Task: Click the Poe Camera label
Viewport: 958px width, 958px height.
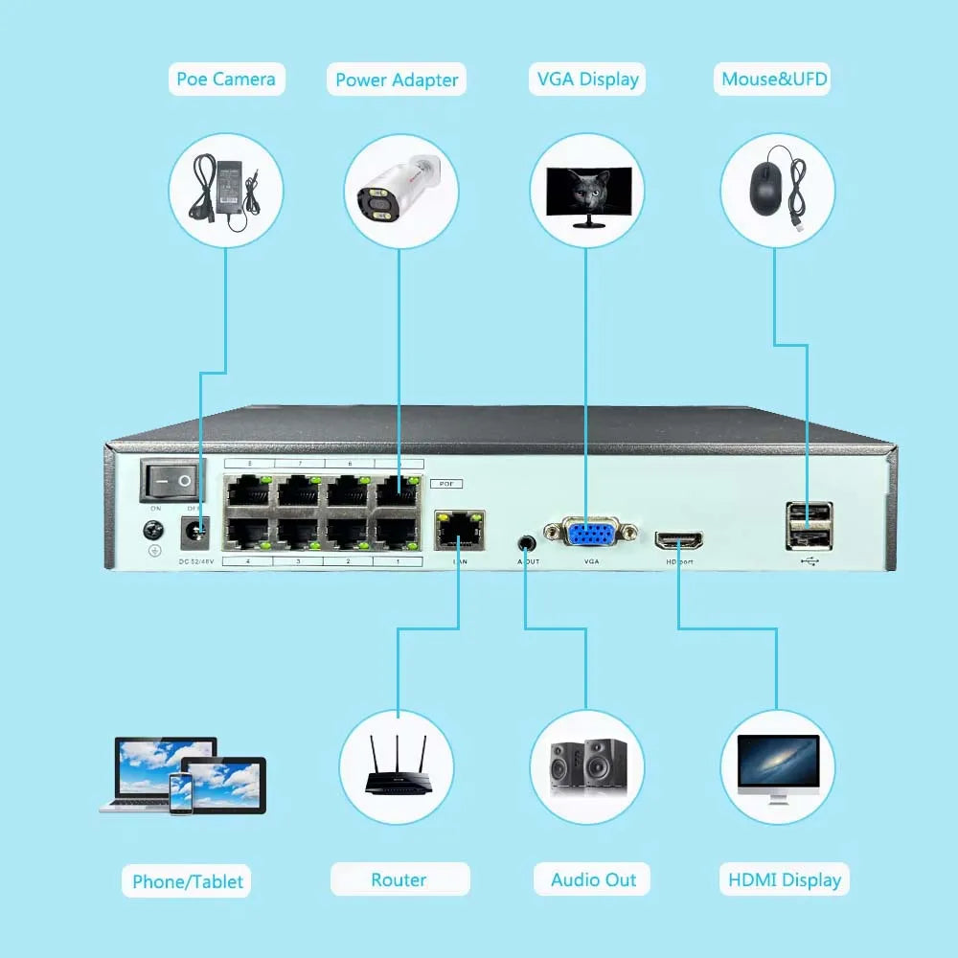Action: coord(225,79)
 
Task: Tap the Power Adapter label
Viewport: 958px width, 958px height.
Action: coord(397,80)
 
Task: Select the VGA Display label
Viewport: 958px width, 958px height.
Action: coord(585,79)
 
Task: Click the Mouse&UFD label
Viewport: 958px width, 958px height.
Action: coord(774,79)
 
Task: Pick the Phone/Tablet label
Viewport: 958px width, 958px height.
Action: coord(188,881)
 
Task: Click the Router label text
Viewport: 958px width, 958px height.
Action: coord(399,879)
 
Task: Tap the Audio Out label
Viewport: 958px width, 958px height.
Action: coord(593,879)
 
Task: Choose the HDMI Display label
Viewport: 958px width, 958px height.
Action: coord(784,879)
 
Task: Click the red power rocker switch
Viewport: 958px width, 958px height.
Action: coord(173,479)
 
